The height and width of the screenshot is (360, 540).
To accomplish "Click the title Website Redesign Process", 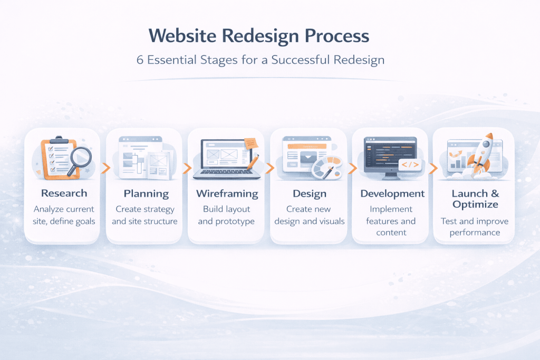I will [259, 36].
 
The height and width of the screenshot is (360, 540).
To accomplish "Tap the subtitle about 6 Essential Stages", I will [261, 60].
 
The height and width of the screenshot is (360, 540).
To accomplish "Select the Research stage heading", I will [64, 193].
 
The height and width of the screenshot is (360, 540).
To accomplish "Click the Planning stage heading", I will [146, 193].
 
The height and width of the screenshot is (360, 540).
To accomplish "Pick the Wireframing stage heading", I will [227, 193].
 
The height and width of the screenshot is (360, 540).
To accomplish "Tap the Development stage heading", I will [392, 193].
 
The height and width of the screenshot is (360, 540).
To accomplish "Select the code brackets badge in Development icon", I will [410, 166].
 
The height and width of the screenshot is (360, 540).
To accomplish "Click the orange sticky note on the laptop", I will [250, 142].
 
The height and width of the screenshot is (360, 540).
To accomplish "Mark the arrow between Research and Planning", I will [105, 168].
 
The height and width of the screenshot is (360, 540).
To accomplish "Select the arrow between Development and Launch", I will [433, 168].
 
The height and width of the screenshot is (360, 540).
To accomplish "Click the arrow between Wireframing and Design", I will [269, 168].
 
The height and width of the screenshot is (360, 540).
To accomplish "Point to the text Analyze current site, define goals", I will [64, 215].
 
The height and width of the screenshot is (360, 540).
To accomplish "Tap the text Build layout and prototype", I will [227, 215].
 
